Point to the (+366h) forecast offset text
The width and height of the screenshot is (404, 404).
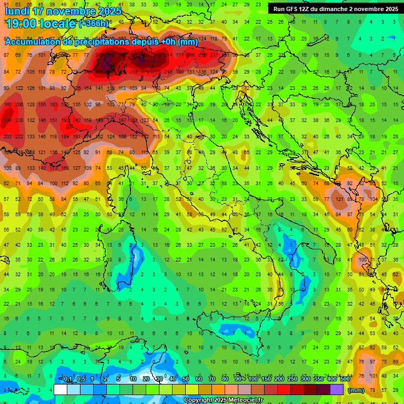pyautogui.click(x=94, y=24)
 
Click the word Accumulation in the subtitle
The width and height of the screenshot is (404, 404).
pyautogui.click(x=39, y=42)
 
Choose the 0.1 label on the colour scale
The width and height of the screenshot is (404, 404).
pyautogui.click(x=67, y=379)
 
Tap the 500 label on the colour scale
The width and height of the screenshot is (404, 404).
pyautogui.click(x=345, y=379)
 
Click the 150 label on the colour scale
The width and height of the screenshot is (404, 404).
pyautogui.click(x=266, y=379)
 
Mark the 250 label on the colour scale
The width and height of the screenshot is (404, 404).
pyautogui.click(x=292, y=379)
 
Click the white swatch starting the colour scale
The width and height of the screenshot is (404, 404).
pyautogui.click(x=60, y=390)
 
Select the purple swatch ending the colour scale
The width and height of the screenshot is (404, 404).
pyautogui.click(x=337, y=390)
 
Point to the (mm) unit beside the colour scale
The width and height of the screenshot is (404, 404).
pyautogui.click(x=356, y=390)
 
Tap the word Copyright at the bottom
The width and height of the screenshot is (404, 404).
pyautogui.click(x=199, y=400)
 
